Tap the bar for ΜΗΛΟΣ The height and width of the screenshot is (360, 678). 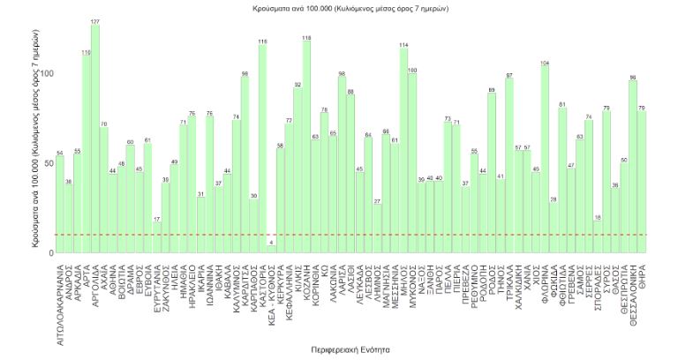coord(403,151)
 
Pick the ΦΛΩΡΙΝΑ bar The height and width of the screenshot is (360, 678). coord(545,160)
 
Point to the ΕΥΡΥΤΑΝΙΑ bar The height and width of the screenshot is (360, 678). coord(157,238)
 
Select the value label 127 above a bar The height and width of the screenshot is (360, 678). coord(95,21)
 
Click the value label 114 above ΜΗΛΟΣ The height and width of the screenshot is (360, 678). coord(403,44)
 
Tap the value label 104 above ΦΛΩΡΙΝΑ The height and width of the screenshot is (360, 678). coord(545,63)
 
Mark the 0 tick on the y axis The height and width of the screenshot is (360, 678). coord(50,253)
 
